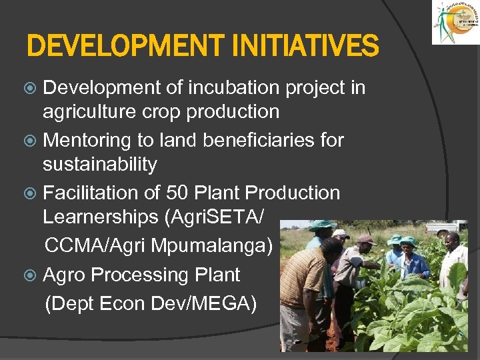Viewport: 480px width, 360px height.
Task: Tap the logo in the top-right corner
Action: tap(455, 23)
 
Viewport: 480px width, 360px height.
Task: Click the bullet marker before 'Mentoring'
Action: tap(33, 141)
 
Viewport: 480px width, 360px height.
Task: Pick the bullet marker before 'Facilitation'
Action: tap(33, 193)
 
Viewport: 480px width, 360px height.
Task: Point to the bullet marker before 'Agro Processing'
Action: tap(33, 275)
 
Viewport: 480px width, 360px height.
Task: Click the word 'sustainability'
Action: tap(100, 164)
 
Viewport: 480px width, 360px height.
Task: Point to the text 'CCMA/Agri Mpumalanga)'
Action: tap(159, 245)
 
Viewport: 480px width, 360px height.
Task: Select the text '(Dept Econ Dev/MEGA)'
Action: tap(151, 303)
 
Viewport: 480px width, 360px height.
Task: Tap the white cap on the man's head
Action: tap(341, 234)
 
